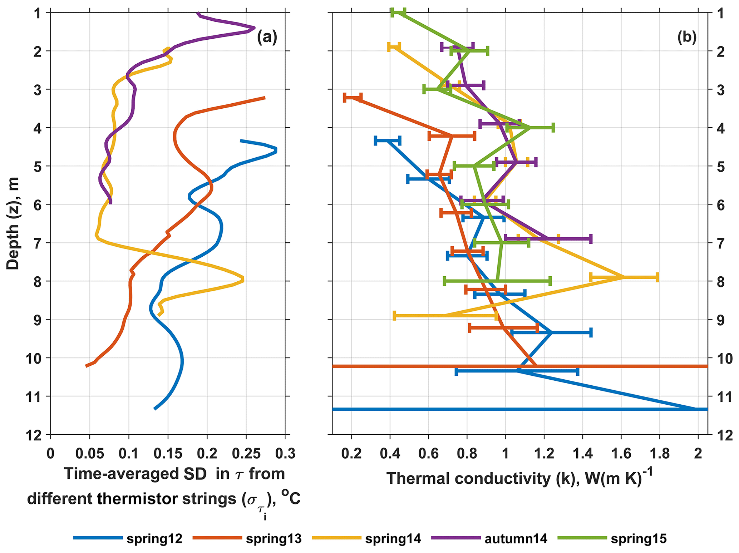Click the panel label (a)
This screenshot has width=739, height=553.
(x=267, y=38)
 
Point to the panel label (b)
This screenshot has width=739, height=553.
(x=687, y=38)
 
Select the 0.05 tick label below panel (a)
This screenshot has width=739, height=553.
(x=90, y=454)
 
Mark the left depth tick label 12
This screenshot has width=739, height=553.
(x=38, y=435)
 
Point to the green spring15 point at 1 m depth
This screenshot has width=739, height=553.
(x=398, y=13)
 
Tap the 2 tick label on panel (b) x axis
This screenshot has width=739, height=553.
(x=698, y=454)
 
